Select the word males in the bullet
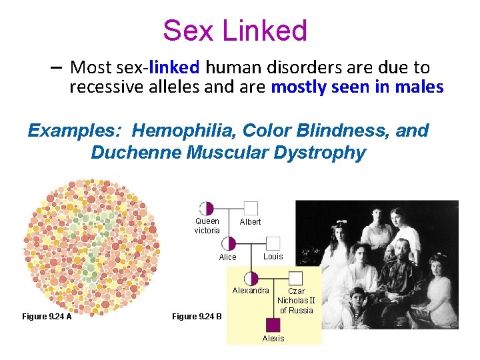(x=421, y=87)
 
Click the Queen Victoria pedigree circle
(x=207, y=208)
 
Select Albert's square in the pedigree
(x=251, y=208)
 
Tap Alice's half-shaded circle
(x=229, y=243)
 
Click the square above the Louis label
(x=273, y=243)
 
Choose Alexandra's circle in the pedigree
(x=251, y=279)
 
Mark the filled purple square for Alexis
(x=273, y=325)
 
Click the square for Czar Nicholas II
(x=295, y=279)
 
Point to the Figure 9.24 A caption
(x=47, y=316)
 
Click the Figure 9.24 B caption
(x=197, y=316)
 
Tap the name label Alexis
(x=273, y=339)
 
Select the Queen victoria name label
(x=207, y=226)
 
